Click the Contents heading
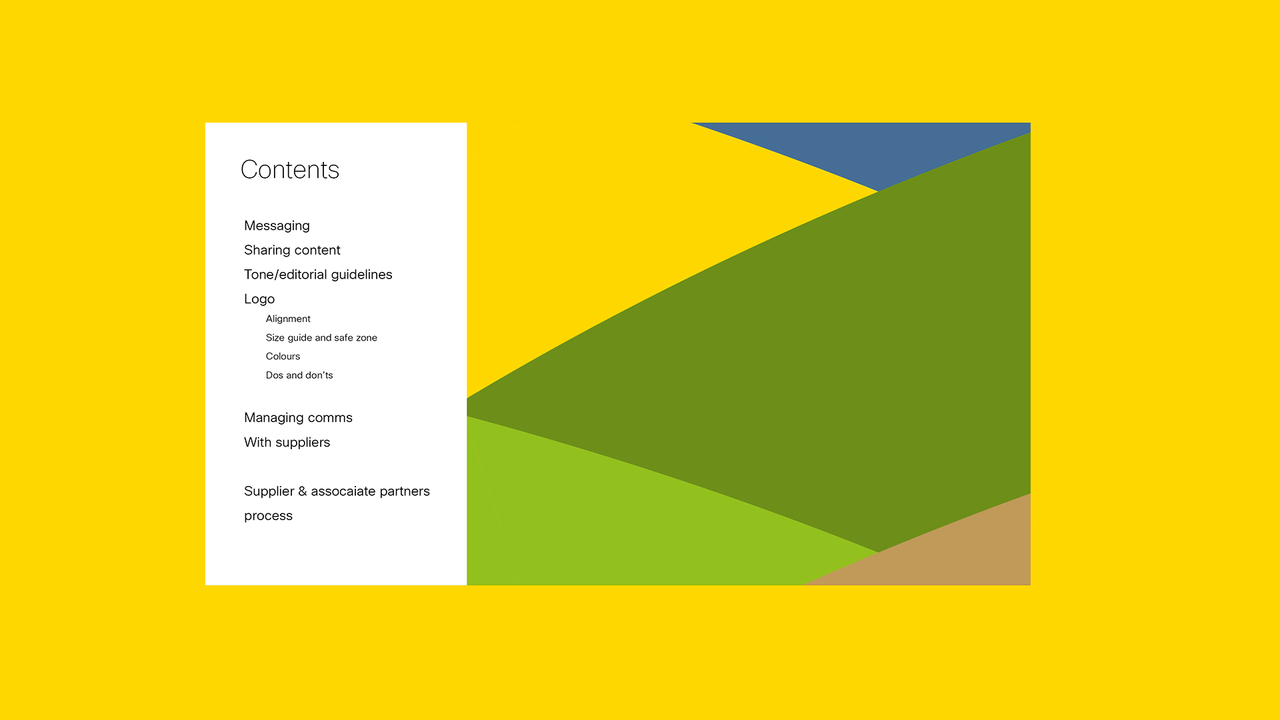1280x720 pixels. click(290, 170)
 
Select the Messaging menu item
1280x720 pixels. click(277, 226)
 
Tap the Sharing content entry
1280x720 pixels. click(292, 250)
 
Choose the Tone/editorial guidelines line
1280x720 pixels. click(318, 275)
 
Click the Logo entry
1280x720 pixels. click(259, 299)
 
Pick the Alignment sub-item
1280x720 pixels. click(288, 319)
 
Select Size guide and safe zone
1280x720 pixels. click(321, 338)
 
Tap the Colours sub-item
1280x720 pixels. click(283, 357)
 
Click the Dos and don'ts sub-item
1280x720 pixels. click(299, 375)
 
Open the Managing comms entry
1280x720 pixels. click(298, 418)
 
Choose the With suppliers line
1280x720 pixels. click(287, 443)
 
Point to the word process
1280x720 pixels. click(268, 517)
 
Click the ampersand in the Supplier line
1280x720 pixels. click(303, 491)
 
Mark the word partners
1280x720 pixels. click(405, 492)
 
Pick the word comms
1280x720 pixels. click(330, 419)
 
